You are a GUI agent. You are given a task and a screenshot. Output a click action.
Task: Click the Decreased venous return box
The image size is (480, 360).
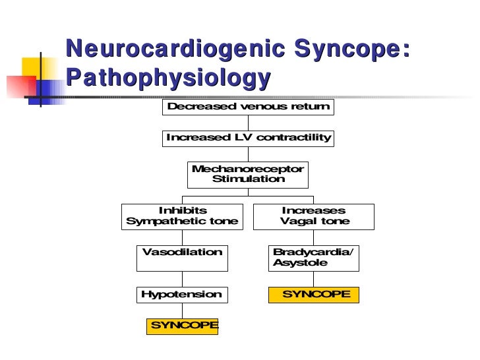[248, 107]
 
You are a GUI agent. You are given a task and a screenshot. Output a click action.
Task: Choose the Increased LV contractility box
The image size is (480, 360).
[248, 138]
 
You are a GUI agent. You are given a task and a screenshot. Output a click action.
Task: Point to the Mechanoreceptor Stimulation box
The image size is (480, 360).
[248, 174]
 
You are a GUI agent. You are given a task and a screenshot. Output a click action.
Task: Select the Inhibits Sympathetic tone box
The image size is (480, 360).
[182, 216]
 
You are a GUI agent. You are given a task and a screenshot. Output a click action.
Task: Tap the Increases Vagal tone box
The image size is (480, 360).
[315, 216]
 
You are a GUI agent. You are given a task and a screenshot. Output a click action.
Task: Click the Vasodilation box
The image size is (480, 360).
[182, 258]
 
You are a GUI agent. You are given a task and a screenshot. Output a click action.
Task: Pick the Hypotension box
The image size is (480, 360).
[182, 295]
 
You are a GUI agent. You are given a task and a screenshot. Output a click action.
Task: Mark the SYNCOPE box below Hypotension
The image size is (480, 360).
[183, 326]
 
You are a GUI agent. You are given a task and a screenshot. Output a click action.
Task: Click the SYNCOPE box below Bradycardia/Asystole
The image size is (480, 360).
[314, 295]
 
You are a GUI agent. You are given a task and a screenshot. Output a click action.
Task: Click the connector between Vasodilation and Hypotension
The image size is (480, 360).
[182, 279]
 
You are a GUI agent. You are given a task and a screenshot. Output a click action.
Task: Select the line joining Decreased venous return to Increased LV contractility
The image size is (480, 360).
[248, 123]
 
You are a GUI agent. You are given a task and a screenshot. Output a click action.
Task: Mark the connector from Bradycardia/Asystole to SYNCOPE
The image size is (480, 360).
[314, 279]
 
